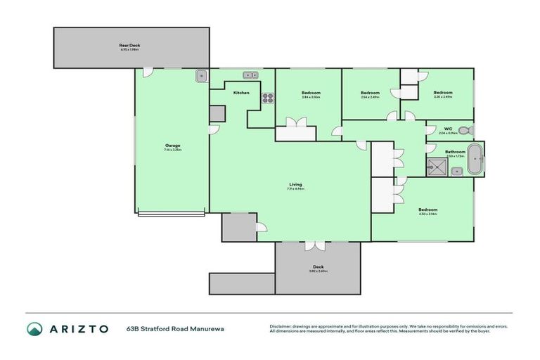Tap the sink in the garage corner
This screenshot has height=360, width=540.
(200, 75)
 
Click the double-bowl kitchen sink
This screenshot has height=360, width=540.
(249, 75)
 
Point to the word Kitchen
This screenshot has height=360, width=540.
(241, 93)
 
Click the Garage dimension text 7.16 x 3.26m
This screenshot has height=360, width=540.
(172, 150)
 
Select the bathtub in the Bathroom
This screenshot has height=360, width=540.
(476, 159)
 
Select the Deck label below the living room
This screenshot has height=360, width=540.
(319, 266)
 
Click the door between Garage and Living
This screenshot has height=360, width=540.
(213, 131)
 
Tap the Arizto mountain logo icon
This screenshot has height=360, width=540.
(34, 329)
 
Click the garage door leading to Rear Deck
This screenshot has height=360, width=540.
(148, 72)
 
